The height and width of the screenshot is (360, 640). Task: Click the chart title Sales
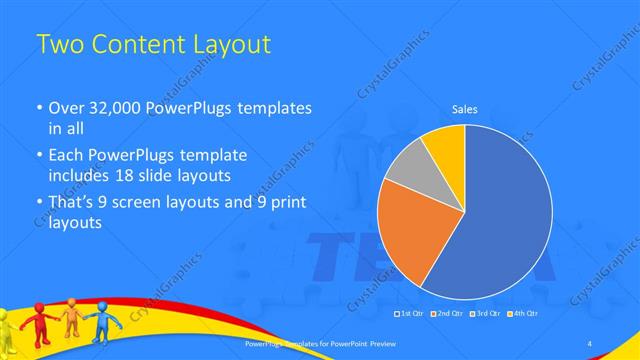(465, 107)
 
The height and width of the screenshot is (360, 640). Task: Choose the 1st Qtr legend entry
(410, 313)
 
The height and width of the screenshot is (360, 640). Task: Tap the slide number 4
(590, 344)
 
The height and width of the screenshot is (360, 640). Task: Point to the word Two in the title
(58, 45)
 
